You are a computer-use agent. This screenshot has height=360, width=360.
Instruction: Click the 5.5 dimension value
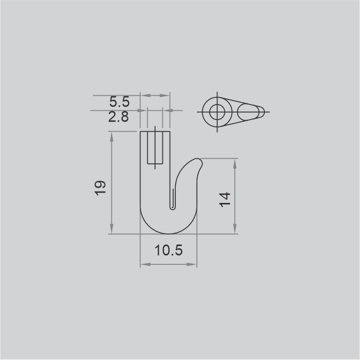click(x=119, y=102)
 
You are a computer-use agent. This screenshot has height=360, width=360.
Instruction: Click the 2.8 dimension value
click(x=119, y=117)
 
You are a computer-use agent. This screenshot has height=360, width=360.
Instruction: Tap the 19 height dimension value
click(x=100, y=188)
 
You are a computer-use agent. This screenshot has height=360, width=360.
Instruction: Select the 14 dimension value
click(x=225, y=200)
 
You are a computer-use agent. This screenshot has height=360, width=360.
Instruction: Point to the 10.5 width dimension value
click(x=169, y=250)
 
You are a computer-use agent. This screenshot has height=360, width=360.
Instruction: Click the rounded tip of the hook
click(x=199, y=161)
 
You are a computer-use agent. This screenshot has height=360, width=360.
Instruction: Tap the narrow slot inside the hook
click(x=173, y=199)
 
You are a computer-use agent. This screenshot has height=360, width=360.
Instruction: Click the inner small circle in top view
click(x=217, y=112)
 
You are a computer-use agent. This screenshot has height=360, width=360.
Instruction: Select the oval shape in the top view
click(x=248, y=112)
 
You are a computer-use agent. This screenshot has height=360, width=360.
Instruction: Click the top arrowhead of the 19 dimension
click(x=111, y=136)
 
